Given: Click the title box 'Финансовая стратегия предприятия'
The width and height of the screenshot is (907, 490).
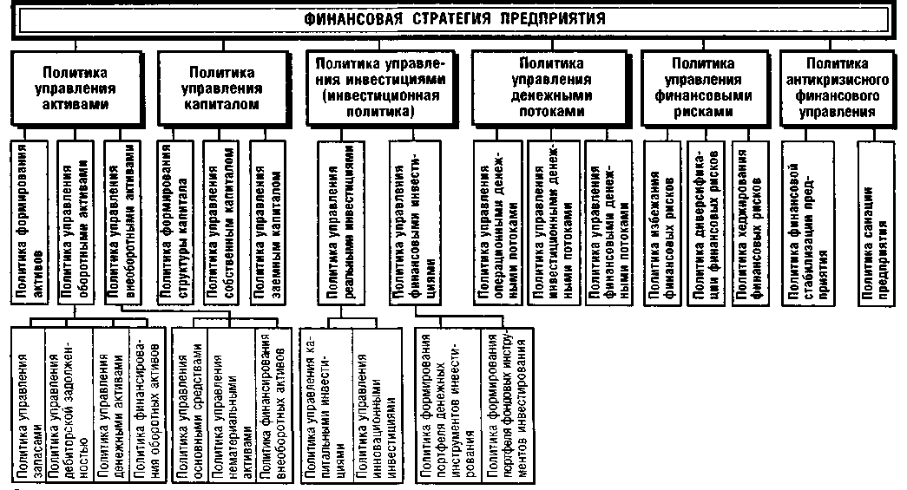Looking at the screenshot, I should pos(454,19).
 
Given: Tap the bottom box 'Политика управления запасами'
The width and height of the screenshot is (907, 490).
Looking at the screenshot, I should pos(30,404).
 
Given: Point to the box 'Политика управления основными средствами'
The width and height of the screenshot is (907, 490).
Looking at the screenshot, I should pos(189,404).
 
